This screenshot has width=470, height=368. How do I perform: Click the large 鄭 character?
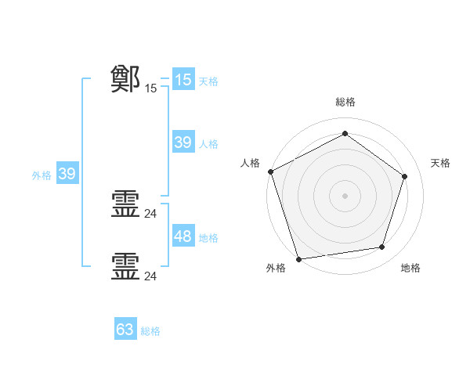[125, 79]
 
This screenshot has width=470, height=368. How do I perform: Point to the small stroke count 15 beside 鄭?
[151, 88]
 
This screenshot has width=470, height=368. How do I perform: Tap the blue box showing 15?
[183, 80]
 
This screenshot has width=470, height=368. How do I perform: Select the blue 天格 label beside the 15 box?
[208, 81]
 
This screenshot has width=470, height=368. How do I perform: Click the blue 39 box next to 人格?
[183, 143]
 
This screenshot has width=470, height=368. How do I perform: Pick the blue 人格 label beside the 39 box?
[208, 144]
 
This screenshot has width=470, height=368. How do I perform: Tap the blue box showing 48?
[183, 236]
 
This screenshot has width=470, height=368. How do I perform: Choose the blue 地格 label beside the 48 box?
[208, 238]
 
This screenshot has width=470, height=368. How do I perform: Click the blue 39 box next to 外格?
[67, 174]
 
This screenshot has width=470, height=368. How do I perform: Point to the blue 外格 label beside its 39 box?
[42, 175]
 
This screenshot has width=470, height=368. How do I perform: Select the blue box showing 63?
[125, 330]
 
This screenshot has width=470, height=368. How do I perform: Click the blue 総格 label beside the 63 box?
[150, 331]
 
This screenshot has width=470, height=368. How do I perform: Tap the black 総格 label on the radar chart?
[345, 102]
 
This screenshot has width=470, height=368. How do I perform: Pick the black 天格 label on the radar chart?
[441, 163]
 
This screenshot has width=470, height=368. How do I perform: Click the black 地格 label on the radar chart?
[410, 269]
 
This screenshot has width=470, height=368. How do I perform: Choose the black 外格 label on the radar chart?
[276, 269]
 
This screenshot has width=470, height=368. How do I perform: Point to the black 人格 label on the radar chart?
[250, 163]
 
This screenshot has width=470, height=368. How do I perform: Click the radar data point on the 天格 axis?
[405, 176]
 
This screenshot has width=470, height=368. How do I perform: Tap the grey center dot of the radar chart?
[345, 195]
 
